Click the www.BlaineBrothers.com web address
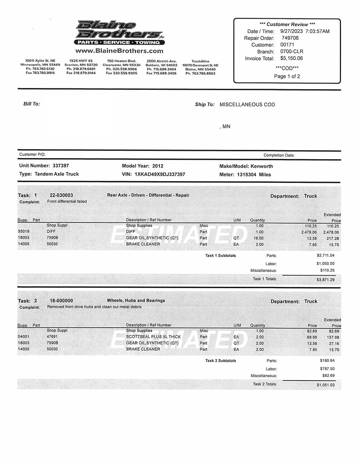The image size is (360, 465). coord(120,51)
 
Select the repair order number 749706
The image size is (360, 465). coord(290,38)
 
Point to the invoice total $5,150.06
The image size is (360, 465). coord(292,58)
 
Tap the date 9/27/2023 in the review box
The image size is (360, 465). coord(291,31)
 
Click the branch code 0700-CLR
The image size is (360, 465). coord(292,51)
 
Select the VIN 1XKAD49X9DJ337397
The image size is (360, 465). coord(160,174)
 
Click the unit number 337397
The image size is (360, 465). coord(60,166)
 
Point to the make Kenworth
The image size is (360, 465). coord(262,166)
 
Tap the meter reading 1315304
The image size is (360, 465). coord(247,175)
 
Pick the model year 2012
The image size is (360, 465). coord(158,166)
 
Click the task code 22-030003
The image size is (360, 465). coord(61,195)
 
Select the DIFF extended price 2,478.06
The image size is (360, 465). coord(331,232)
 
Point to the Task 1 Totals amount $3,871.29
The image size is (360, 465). coord(325,280)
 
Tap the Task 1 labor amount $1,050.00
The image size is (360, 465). coord(325,264)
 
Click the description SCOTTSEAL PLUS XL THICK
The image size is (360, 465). coord(153,337)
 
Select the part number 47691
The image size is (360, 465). coord(52,337)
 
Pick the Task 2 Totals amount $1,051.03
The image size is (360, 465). coord(325,385)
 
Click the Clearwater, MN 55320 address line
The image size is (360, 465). coord(122,65)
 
